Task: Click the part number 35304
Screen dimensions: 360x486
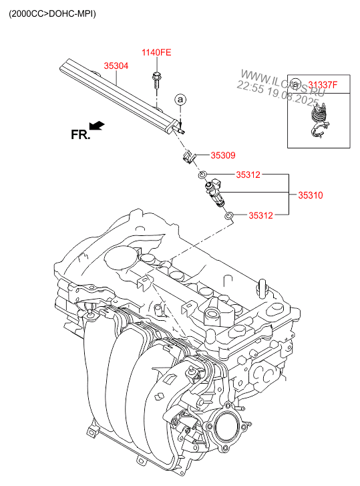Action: point(116,66)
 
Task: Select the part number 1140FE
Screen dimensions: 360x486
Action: point(156,52)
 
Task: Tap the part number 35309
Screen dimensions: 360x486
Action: point(223,155)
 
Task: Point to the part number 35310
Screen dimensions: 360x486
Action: point(311,195)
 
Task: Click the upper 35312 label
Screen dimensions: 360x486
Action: point(248,174)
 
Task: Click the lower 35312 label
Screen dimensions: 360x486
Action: point(261,215)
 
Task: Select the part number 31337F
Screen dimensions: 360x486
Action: point(323,85)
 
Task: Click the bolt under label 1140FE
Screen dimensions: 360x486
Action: point(156,80)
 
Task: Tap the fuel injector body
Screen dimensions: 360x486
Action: point(215,193)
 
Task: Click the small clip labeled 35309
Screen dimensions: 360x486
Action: point(188,158)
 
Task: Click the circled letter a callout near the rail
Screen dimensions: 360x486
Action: point(180,100)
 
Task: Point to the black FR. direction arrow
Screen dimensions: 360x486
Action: point(97,125)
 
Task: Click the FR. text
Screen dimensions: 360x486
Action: point(80,135)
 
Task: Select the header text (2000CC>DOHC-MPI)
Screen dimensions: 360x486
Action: point(52,13)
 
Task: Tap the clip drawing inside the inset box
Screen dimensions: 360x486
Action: point(319,121)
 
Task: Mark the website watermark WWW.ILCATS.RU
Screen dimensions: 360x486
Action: point(283,83)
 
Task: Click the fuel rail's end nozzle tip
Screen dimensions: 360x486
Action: point(183,132)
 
